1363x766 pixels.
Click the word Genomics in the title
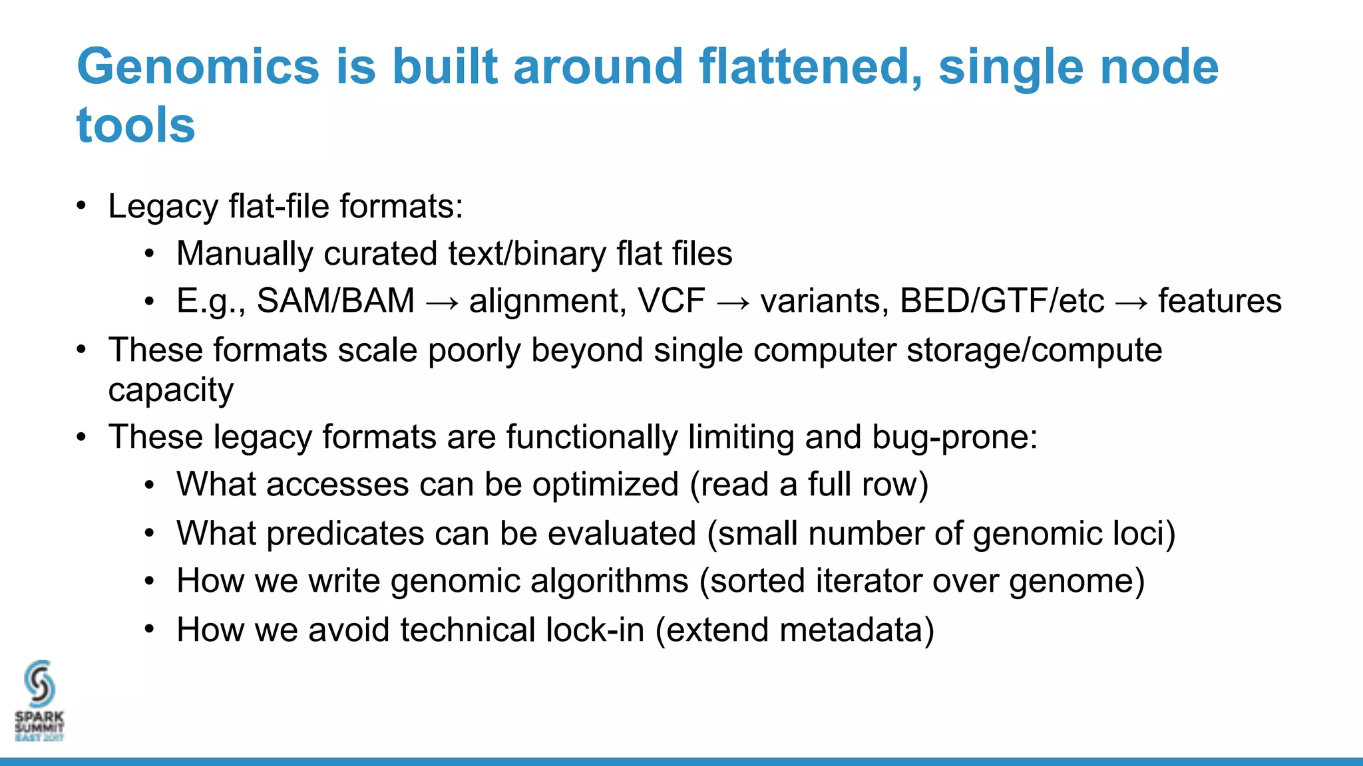tap(198, 68)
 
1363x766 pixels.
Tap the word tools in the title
tap(136, 125)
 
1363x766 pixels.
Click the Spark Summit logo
tap(39, 701)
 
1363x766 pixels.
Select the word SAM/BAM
tap(335, 301)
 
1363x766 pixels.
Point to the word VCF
tap(671, 301)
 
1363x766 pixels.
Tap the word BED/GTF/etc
tap(1002, 301)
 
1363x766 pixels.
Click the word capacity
tap(171, 390)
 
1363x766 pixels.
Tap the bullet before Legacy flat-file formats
tap(81, 205)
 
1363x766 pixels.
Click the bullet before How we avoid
tap(150, 629)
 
